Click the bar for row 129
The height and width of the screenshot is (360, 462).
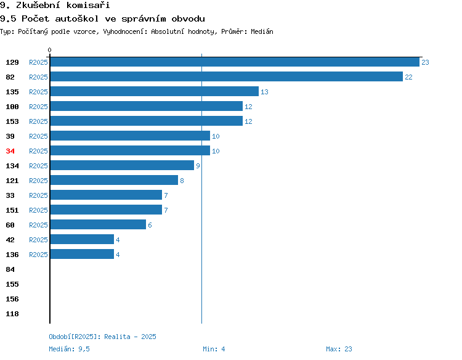pos(235,62)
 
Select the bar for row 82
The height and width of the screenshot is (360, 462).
pos(227,76)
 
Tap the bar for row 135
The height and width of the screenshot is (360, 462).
pos(155,91)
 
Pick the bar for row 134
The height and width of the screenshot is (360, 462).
pos(123,165)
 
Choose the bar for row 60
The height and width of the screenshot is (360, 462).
pos(98,224)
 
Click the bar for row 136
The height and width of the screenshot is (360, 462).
pos(82,254)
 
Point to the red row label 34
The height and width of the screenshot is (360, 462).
pos(10,151)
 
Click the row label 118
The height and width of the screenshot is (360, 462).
pos(12,314)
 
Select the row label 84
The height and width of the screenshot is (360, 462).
pos(10,269)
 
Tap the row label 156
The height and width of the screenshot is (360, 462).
pos(12,299)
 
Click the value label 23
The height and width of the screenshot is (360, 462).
pos(425,62)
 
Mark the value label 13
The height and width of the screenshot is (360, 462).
pos(264,92)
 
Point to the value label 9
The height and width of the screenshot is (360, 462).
pos(198,166)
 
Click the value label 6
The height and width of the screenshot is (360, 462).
pos(150,225)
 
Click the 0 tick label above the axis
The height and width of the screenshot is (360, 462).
pos(49,50)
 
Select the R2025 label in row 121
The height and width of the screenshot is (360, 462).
pos(38,181)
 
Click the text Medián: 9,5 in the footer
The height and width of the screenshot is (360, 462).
pos(69,349)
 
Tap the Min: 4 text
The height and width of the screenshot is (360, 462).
pos(214,349)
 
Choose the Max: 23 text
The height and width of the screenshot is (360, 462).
pos(339,349)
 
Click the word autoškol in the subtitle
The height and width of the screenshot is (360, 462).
pos(77,19)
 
